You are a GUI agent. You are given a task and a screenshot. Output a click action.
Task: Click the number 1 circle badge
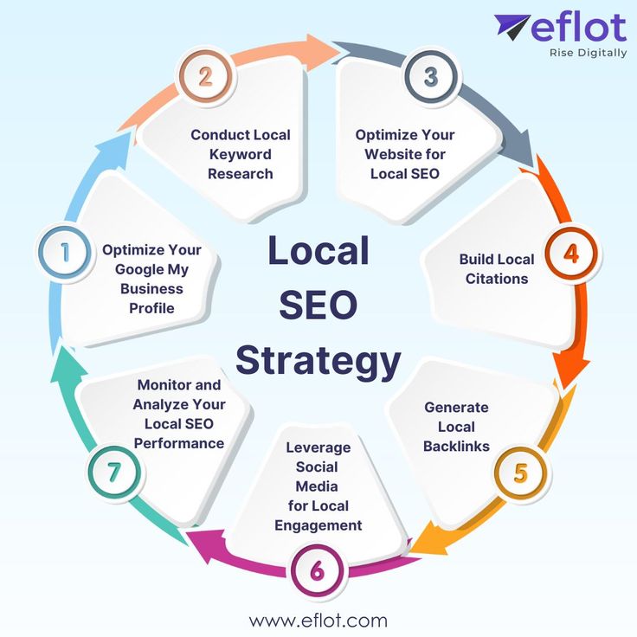pos(64,252)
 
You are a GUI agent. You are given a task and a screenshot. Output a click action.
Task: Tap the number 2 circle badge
pos(205,77)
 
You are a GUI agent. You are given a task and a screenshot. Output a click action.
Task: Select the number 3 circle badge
pos(431,76)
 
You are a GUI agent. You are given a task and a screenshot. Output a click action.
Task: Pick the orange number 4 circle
pos(570,254)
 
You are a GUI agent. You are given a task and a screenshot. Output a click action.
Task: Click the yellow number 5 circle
pos(520,473)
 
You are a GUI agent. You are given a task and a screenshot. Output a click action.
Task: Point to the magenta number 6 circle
pos(318,571)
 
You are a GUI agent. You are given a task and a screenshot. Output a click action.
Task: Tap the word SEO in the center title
pos(318,306)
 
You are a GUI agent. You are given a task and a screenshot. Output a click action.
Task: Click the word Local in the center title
pos(318,251)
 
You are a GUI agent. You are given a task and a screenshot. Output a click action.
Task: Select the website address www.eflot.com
pos(318,621)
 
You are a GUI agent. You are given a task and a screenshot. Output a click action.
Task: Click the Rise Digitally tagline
pos(588,53)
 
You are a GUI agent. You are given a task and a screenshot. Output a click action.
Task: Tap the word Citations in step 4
pos(496,279)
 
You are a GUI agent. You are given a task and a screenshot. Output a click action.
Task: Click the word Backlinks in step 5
pos(456,446)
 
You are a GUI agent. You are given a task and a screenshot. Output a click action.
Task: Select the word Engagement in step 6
pos(318,525)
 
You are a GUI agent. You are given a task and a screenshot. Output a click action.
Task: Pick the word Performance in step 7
pos(179,442)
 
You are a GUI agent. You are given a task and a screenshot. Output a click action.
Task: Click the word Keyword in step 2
pos(241,154)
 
